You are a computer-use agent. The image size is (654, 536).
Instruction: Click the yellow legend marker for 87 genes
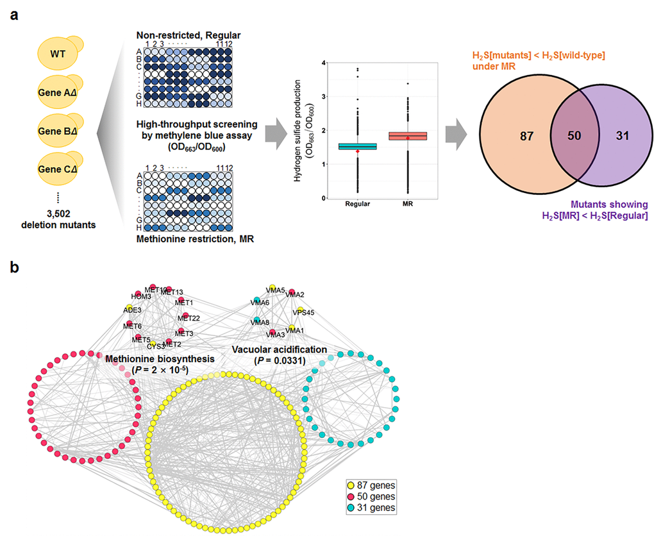tap(351, 485)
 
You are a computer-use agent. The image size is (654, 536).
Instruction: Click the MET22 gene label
tap(190, 319)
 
